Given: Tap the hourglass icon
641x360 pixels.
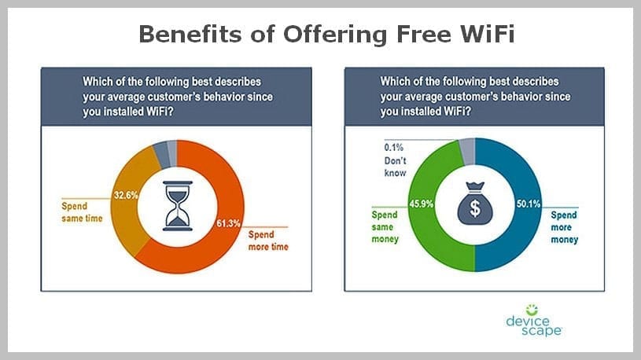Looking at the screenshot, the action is [178, 206].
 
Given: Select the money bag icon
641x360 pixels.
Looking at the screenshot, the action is [474, 203].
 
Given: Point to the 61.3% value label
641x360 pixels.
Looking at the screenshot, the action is [228, 223].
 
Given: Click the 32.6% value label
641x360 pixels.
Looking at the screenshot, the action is [126, 195].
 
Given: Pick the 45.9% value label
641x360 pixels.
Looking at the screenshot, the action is [421, 204].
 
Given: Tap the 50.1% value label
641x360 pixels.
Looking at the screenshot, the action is [529, 204].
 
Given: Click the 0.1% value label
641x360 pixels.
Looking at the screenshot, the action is [394, 148].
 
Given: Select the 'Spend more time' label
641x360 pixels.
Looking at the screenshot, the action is [268, 241].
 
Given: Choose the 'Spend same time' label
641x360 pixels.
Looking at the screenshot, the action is [82, 212].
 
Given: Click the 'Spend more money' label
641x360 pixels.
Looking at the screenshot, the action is [564, 227].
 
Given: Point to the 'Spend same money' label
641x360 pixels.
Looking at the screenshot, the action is [385, 227].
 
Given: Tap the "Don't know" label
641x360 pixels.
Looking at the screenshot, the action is [395, 167].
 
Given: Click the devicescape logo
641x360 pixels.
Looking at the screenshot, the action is [534, 321].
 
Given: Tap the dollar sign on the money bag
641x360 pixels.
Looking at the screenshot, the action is [474, 208].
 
